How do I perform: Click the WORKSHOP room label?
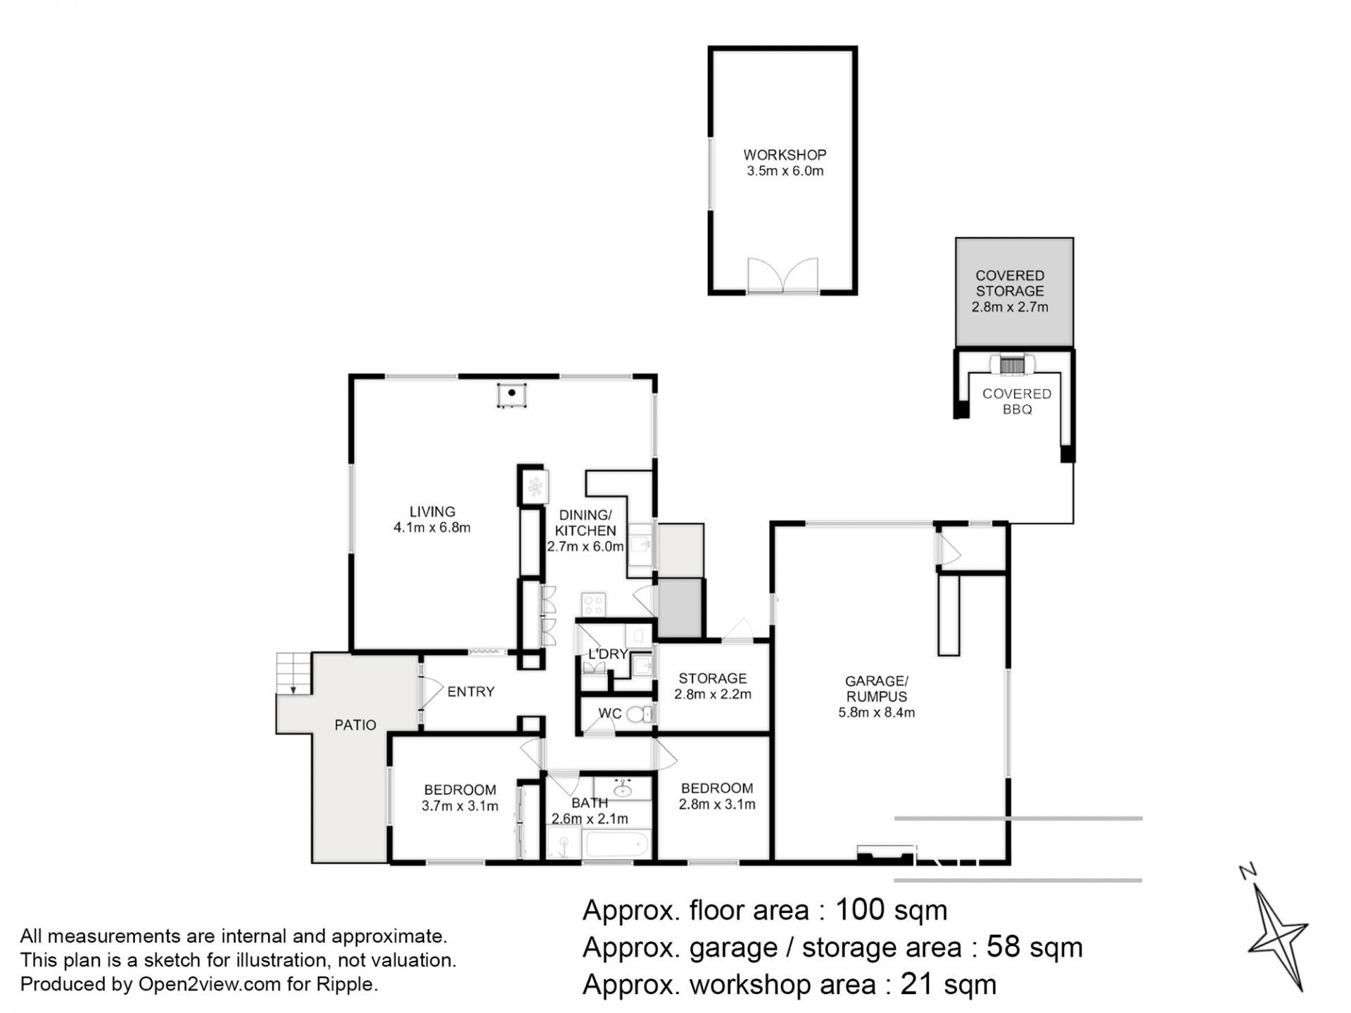pos(785,155)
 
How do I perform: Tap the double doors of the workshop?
pos(782,275)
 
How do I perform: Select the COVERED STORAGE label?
pos(1010,283)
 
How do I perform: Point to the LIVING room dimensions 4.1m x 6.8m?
pos(432,528)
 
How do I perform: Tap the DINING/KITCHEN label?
pos(585,523)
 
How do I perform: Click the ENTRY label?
pos(471,692)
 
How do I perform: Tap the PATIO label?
pos(355,725)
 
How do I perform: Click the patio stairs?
pos(293,674)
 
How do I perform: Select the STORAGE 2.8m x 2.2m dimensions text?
pos(713,694)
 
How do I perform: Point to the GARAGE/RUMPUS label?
pos(877,689)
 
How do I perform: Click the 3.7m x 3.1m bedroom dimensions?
pos(460,806)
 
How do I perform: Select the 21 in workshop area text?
pos(914,985)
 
